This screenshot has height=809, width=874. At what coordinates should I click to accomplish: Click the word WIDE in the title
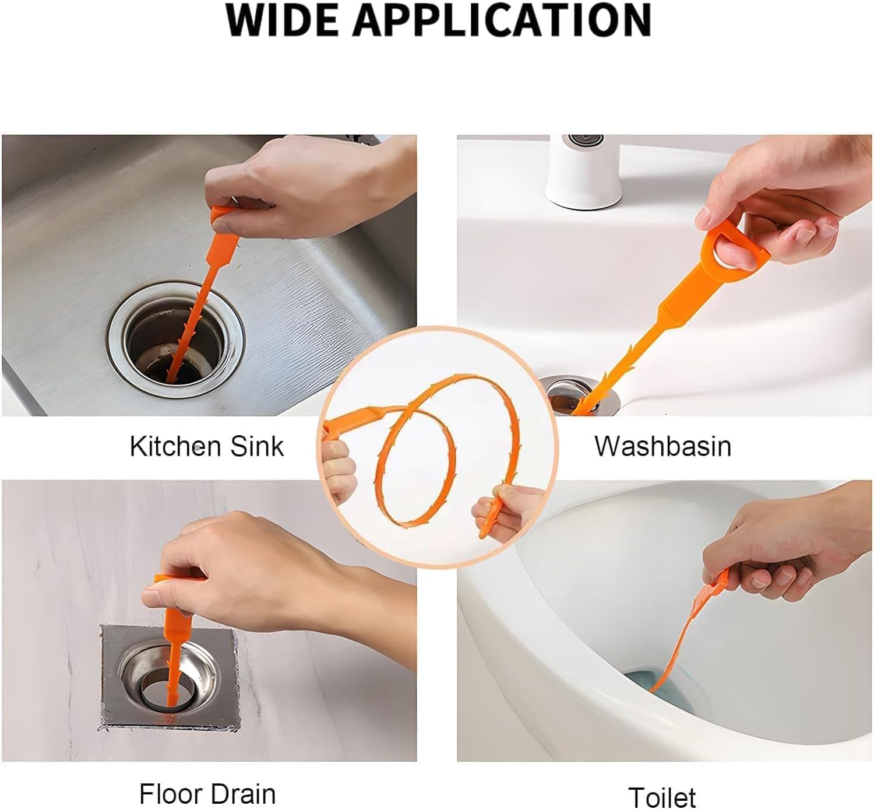pyautogui.click(x=283, y=21)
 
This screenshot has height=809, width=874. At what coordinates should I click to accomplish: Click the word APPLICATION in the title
pyautogui.click(x=502, y=21)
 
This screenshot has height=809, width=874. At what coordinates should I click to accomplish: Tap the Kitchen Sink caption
pyautogui.click(x=206, y=446)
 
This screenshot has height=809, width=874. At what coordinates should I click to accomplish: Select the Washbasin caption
pyautogui.click(x=662, y=446)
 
